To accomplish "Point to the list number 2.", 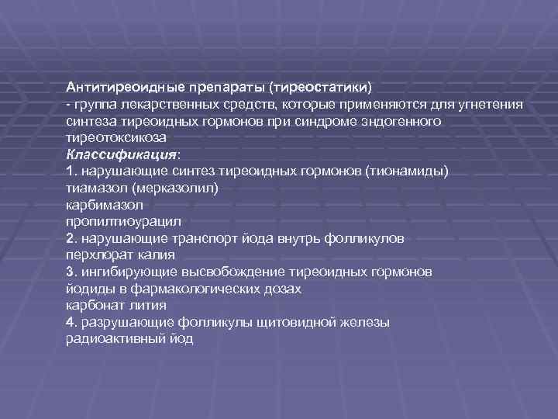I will point(71,238).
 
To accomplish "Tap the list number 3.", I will point(71,272).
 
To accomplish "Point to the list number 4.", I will point(71,322).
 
